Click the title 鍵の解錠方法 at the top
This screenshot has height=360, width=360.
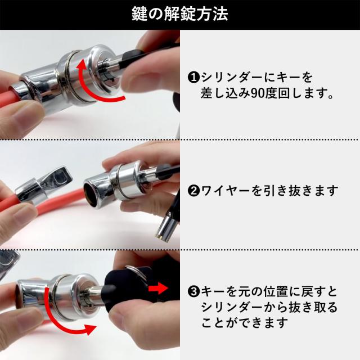click(x=179, y=13)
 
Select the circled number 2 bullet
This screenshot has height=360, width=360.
click(x=192, y=191)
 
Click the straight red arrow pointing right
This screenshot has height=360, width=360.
click(x=160, y=289)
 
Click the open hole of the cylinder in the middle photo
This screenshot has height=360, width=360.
click(x=91, y=191)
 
